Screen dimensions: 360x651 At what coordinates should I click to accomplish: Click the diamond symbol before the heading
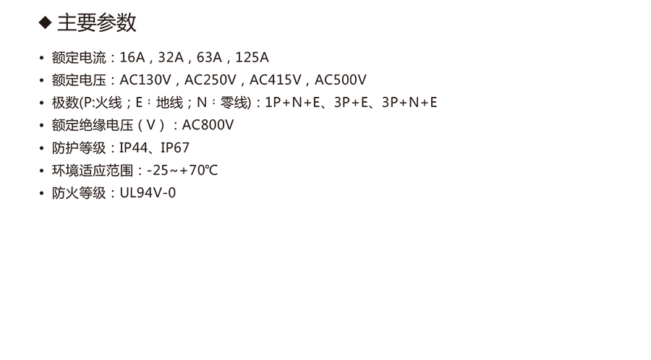(45, 23)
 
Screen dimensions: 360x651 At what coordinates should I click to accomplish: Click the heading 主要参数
(97, 23)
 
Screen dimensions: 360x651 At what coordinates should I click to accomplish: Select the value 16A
(133, 58)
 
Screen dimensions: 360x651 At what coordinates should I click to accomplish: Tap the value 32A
(171, 58)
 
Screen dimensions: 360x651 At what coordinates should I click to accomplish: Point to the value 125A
(252, 58)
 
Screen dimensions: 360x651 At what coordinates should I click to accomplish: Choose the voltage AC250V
(210, 80)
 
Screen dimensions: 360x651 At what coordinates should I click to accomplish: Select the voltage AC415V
(276, 80)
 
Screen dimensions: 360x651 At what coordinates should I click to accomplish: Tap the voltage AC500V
(341, 80)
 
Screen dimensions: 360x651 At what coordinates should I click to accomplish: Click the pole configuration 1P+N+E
(293, 103)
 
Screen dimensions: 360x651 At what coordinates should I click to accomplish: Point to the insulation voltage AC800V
(208, 125)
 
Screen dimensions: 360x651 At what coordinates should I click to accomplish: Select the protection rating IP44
(133, 148)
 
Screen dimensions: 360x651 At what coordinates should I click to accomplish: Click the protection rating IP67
(175, 148)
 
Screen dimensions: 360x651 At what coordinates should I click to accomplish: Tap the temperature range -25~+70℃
(182, 171)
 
